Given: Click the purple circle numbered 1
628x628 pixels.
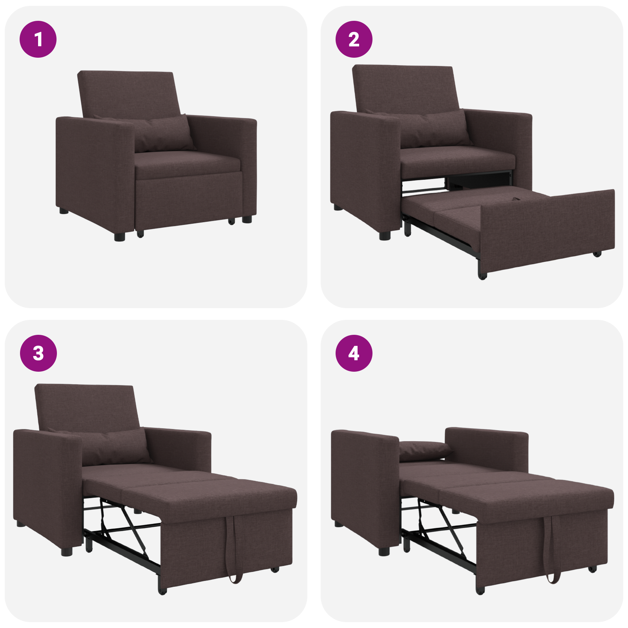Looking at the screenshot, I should coord(38,39).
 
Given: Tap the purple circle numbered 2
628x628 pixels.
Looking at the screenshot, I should coord(354,39).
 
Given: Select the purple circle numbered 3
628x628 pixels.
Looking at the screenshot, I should coord(38,353).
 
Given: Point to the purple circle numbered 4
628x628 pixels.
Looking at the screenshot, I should coord(354,353).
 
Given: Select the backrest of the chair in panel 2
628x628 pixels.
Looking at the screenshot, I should coord(404,88).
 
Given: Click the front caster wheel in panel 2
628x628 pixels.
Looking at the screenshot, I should coord(482,276).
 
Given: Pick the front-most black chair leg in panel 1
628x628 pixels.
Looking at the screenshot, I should coord(120,237).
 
